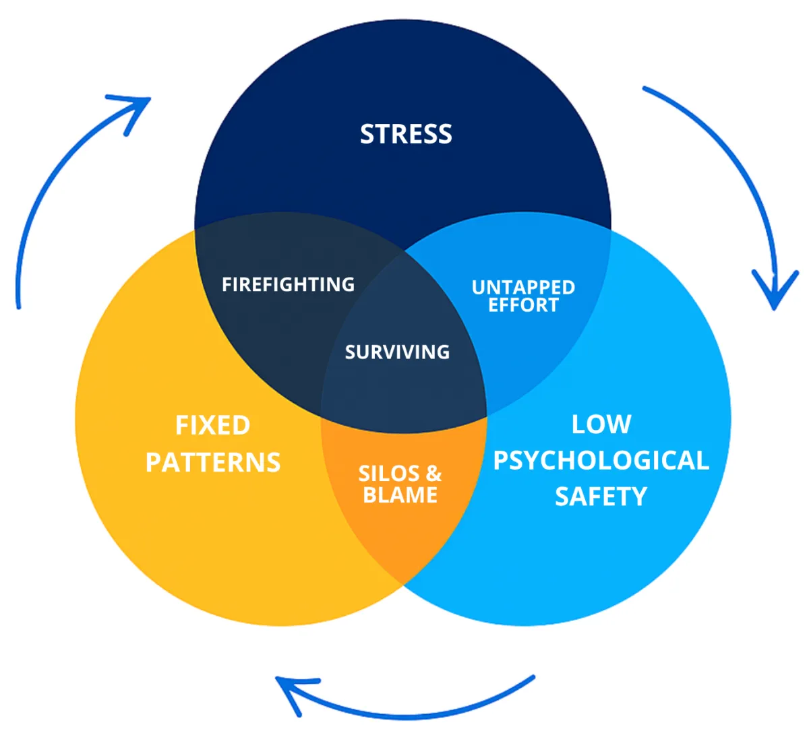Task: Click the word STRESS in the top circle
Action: click(x=406, y=134)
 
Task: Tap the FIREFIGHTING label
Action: click(x=288, y=284)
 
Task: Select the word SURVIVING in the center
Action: click(x=397, y=352)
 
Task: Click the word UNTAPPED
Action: click(x=523, y=288)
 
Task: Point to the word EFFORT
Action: click(x=523, y=305)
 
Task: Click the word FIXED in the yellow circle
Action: click(x=213, y=426)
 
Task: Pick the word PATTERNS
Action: click(x=213, y=463)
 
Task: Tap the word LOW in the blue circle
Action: click(x=601, y=424)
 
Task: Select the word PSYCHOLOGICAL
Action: click(x=601, y=461)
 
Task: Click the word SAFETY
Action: click(x=601, y=497)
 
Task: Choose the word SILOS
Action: click(x=389, y=474)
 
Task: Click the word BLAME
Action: click(x=400, y=495)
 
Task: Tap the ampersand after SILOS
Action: click(x=433, y=474)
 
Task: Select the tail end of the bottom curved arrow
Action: click(x=533, y=677)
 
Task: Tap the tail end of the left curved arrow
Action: click(x=18, y=307)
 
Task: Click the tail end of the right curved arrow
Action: click(x=645, y=88)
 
